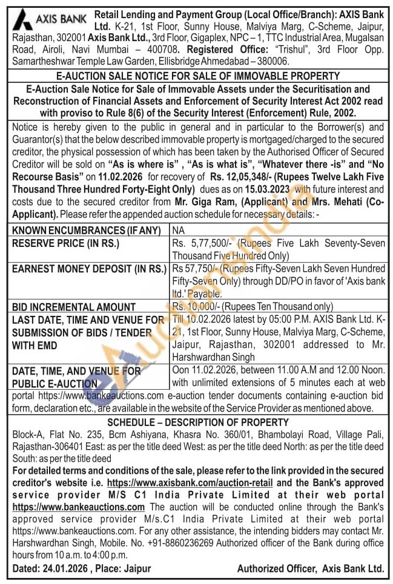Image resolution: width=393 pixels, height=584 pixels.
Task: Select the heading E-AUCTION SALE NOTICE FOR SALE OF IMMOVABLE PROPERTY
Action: (197, 76)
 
